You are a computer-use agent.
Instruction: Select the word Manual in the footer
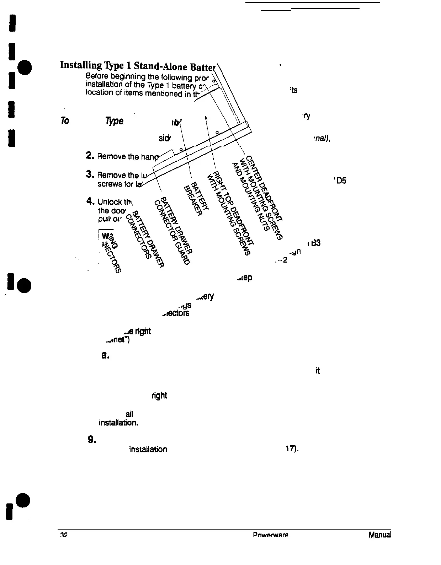(380, 534)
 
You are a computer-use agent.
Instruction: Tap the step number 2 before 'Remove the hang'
(90, 155)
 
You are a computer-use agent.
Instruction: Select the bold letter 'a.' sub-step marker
(105, 355)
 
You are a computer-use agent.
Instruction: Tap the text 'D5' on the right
(341, 181)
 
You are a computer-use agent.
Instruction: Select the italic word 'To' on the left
(64, 121)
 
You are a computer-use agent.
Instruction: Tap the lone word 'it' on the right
(318, 371)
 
